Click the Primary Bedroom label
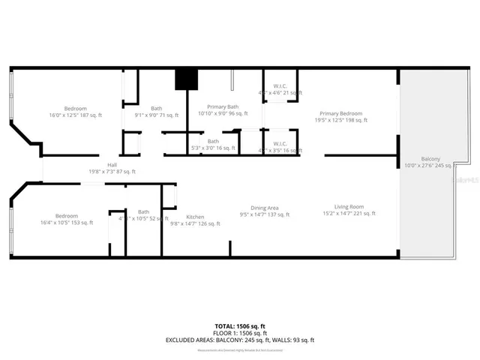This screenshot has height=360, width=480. tap(340, 113)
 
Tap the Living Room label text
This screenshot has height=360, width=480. tap(349, 207)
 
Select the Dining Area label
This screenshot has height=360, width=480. tap(265, 208)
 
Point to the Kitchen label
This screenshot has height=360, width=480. tap(195, 217)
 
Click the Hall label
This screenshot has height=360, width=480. tap(112, 165)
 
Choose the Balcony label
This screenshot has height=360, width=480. tap(430, 159)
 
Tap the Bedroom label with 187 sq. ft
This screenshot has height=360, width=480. tap(76, 108)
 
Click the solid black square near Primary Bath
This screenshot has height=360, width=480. tap(185, 79)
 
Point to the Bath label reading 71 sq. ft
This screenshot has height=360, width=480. tap(156, 108)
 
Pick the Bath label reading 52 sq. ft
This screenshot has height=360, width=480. tap(143, 212)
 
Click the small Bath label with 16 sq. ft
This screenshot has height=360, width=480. tap(213, 141)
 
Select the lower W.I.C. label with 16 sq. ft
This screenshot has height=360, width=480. tap(280, 144)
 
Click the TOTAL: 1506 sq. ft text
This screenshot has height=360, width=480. tap(240, 327)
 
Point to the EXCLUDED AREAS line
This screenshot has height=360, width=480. tap(240, 340)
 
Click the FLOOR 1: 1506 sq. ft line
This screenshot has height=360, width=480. tap(240, 334)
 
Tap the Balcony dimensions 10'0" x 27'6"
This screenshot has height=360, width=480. tap(430, 166)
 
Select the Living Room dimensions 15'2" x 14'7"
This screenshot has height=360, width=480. tap(349, 214)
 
